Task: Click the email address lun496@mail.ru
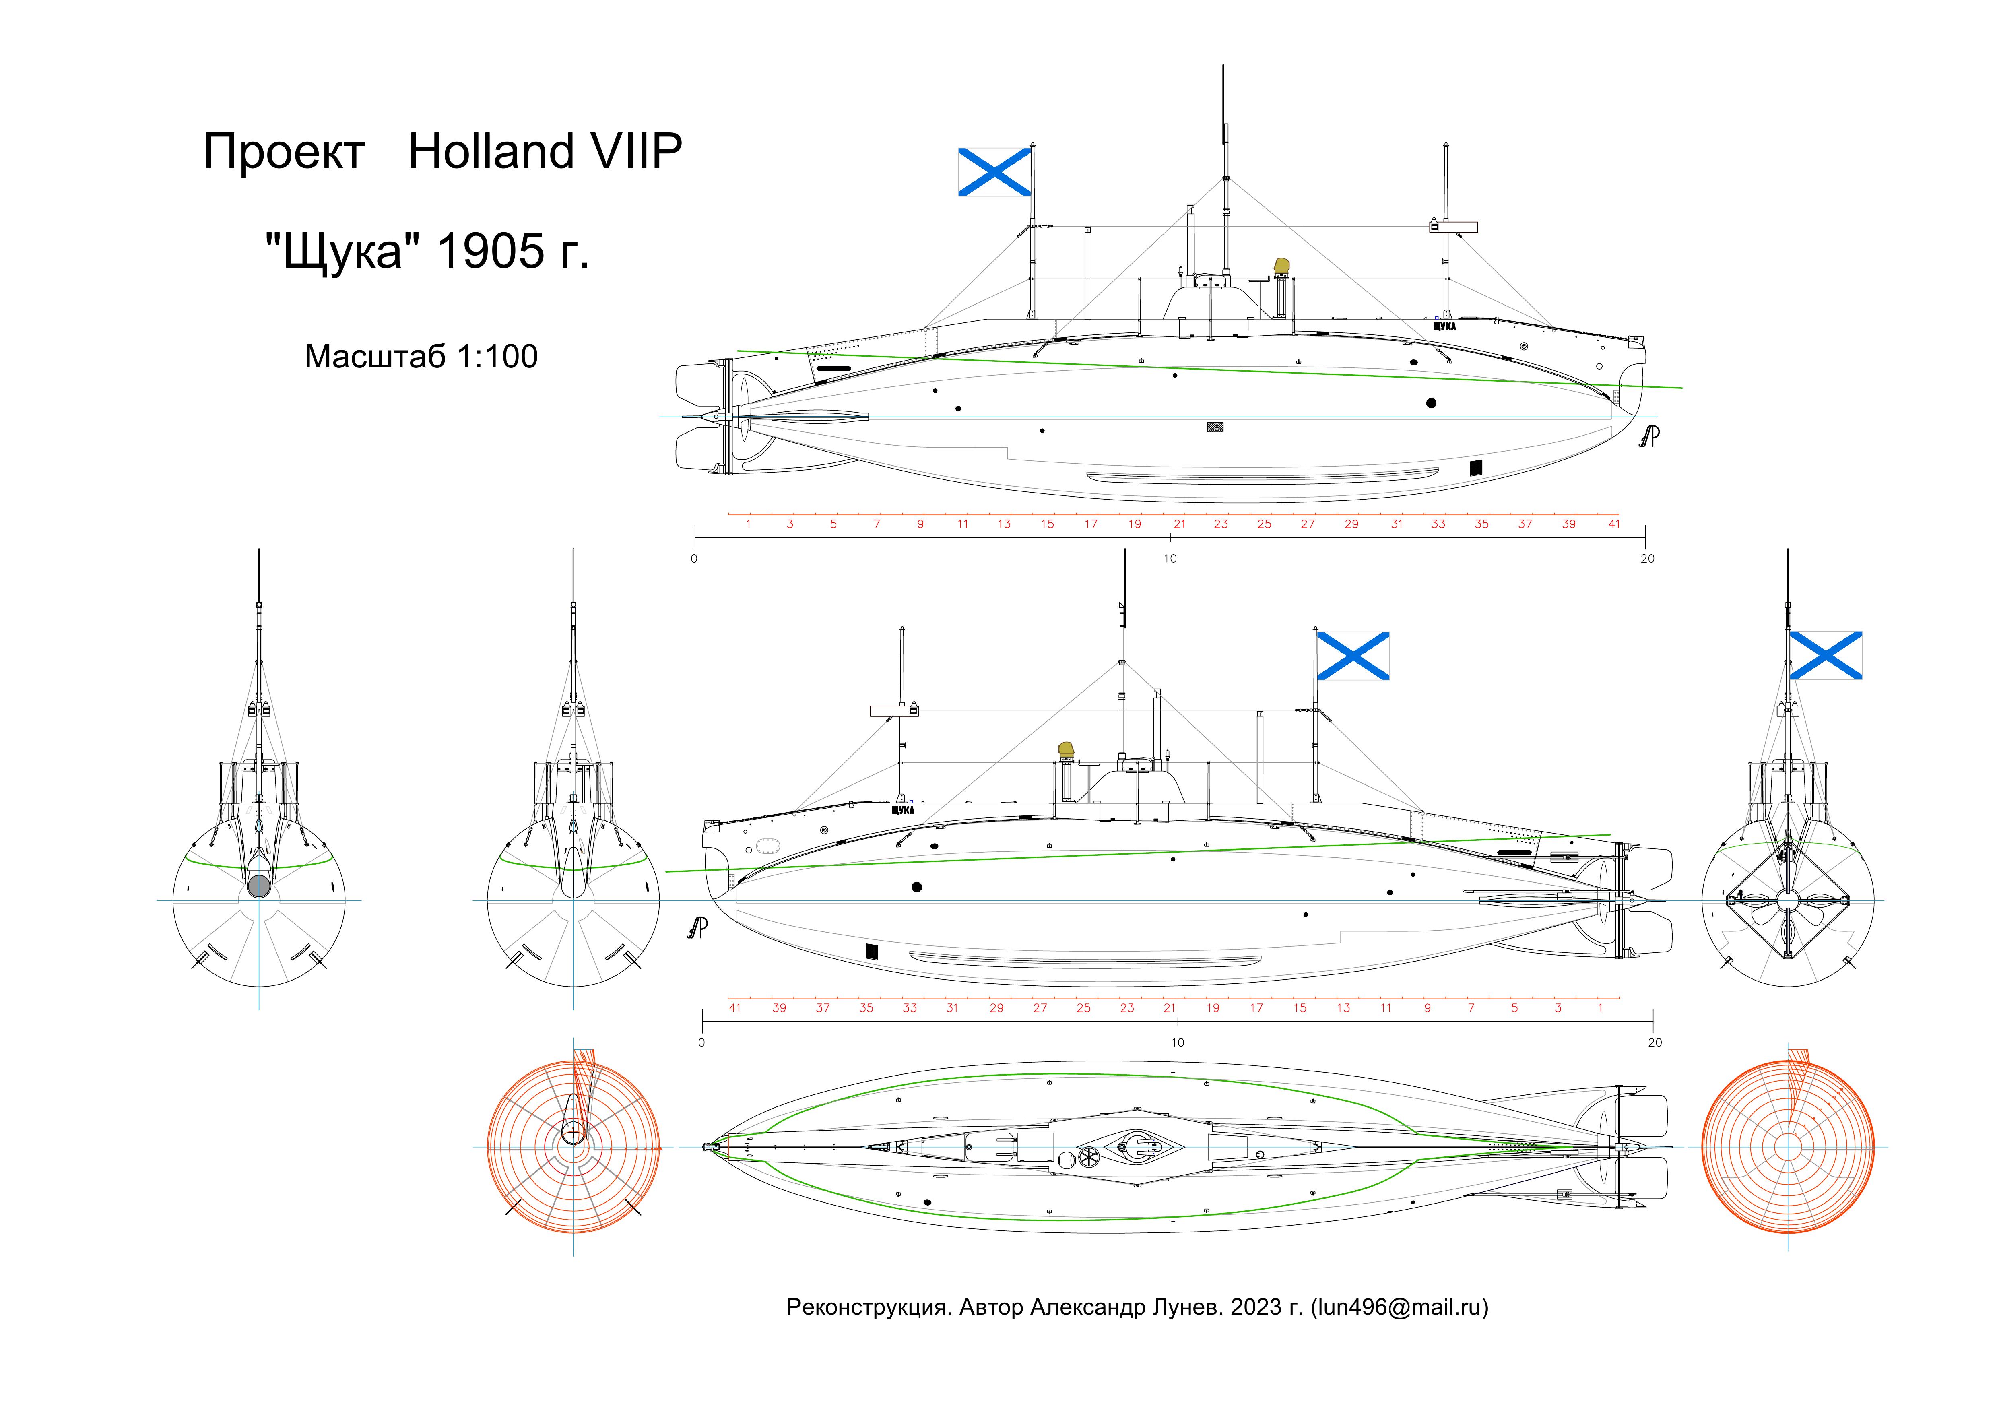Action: point(1399,1307)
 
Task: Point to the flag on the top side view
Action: point(994,171)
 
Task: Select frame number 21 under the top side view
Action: point(1180,524)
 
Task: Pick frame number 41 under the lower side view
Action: point(735,1007)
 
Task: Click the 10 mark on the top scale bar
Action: point(1170,559)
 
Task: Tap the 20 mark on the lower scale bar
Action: point(1655,1042)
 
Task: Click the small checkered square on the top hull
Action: point(1215,427)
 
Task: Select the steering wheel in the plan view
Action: point(1088,1156)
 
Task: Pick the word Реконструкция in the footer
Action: point(867,1307)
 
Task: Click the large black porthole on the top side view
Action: point(1431,403)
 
